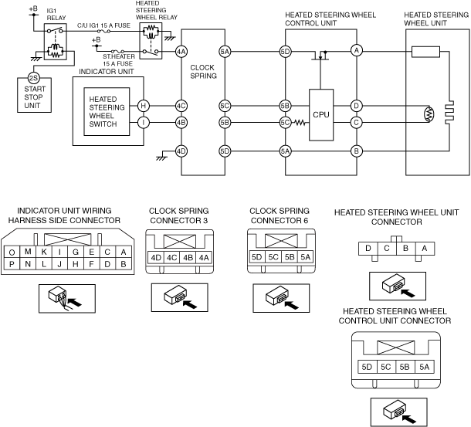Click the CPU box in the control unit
tap(321, 114)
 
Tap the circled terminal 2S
tap(32, 77)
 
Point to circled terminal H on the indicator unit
tap(143, 106)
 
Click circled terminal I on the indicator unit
tap(143, 121)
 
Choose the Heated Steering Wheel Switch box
tap(107, 113)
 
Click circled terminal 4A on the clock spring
tap(181, 52)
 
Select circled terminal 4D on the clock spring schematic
tap(181, 151)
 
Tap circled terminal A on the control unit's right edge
tap(356, 51)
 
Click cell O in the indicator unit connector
tap(12, 252)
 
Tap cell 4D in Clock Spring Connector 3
tap(157, 257)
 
